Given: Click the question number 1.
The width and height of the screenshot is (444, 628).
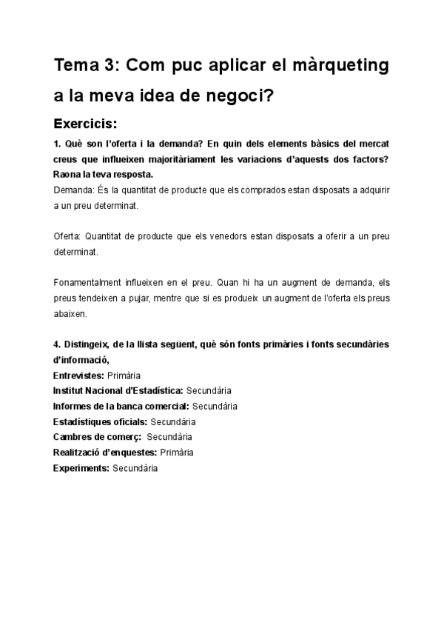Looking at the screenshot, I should pos(56,142).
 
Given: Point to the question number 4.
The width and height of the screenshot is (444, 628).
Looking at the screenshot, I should pos(56,346).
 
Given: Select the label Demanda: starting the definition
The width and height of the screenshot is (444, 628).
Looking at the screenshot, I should pos(73,190).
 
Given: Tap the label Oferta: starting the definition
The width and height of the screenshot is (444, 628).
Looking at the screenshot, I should pos(68,237).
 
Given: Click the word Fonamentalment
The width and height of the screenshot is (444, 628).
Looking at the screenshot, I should pos(90,284).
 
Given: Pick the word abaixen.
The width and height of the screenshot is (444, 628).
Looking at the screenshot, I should pos(70,313).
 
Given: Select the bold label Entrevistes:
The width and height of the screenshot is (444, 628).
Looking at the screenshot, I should pos(79,375).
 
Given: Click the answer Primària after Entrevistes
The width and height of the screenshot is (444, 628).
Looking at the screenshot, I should pos(124,375).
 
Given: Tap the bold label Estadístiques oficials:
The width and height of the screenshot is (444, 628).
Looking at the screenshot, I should pos(101,421).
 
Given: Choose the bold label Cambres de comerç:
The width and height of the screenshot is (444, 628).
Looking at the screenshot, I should pos(98,437).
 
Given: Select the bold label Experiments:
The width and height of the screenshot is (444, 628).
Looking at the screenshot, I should pos(81,468).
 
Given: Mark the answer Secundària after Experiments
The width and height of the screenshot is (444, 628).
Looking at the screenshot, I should pos(135,468).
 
